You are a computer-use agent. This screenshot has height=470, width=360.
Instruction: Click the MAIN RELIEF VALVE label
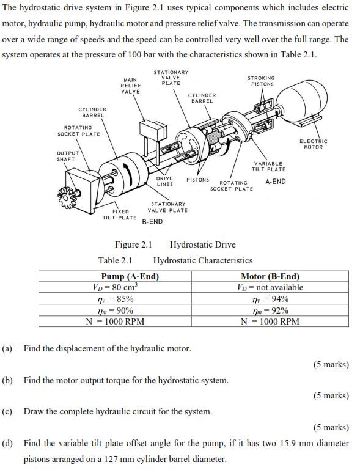[x=130, y=86]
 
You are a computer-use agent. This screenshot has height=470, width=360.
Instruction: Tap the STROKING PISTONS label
[x=261, y=81]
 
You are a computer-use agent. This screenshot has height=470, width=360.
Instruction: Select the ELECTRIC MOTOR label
[x=314, y=144]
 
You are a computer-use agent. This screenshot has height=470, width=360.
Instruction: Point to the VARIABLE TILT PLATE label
[x=268, y=166]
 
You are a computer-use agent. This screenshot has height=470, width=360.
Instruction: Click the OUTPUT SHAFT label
[x=67, y=156]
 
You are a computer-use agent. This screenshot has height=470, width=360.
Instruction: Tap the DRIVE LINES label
[x=164, y=181]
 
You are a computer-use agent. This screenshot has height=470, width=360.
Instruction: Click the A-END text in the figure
[x=276, y=182]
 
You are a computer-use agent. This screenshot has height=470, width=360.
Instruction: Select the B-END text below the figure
[x=152, y=221]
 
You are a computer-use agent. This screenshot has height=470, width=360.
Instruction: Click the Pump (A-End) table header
[x=130, y=276]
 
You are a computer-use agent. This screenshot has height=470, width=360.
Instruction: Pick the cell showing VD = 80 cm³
[x=114, y=287]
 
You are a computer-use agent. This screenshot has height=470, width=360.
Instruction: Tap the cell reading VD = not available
[x=270, y=287]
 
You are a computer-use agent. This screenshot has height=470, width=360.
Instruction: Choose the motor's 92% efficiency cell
[x=270, y=310]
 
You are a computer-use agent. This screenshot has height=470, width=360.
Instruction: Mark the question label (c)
[x=7, y=411]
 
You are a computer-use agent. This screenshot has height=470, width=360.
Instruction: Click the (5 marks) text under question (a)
[x=331, y=364]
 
